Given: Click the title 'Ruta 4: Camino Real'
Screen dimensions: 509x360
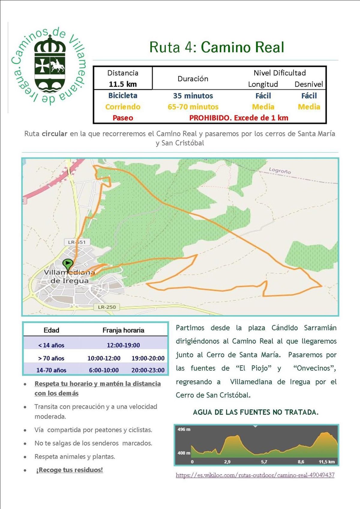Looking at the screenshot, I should [x=217, y=47].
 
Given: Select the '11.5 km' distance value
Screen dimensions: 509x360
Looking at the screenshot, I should [x=123, y=84].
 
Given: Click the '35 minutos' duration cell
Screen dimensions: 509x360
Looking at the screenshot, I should [x=193, y=96].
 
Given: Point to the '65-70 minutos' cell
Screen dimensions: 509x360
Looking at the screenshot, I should [x=193, y=107].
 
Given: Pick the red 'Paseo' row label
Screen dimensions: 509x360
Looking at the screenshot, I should [x=123, y=118].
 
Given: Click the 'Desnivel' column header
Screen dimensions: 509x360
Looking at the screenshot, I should [x=308, y=84].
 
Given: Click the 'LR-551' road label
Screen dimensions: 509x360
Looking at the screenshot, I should [x=77, y=242].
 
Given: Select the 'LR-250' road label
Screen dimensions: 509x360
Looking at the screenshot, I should [x=107, y=307].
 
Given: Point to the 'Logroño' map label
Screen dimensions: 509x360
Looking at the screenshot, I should [x=280, y=171].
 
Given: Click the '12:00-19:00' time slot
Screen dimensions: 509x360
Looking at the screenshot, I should [x=123, y=345].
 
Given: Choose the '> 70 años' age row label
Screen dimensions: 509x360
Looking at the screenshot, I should [x=51, y=358].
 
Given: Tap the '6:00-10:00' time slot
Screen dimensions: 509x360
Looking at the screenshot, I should [x=104, y=370].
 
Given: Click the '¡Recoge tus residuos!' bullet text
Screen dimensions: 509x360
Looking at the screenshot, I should [x=69, y=470].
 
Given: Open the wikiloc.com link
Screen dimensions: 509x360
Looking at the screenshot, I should [x=255, y=475].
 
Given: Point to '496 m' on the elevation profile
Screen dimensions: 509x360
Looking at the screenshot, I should [x=184, y=430].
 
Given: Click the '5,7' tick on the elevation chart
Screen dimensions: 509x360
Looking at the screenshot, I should [x=264, y=462].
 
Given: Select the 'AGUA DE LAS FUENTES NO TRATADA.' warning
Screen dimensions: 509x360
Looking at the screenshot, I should [x=256, y=412].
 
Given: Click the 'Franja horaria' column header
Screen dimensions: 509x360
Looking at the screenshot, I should [x=123, y=330].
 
